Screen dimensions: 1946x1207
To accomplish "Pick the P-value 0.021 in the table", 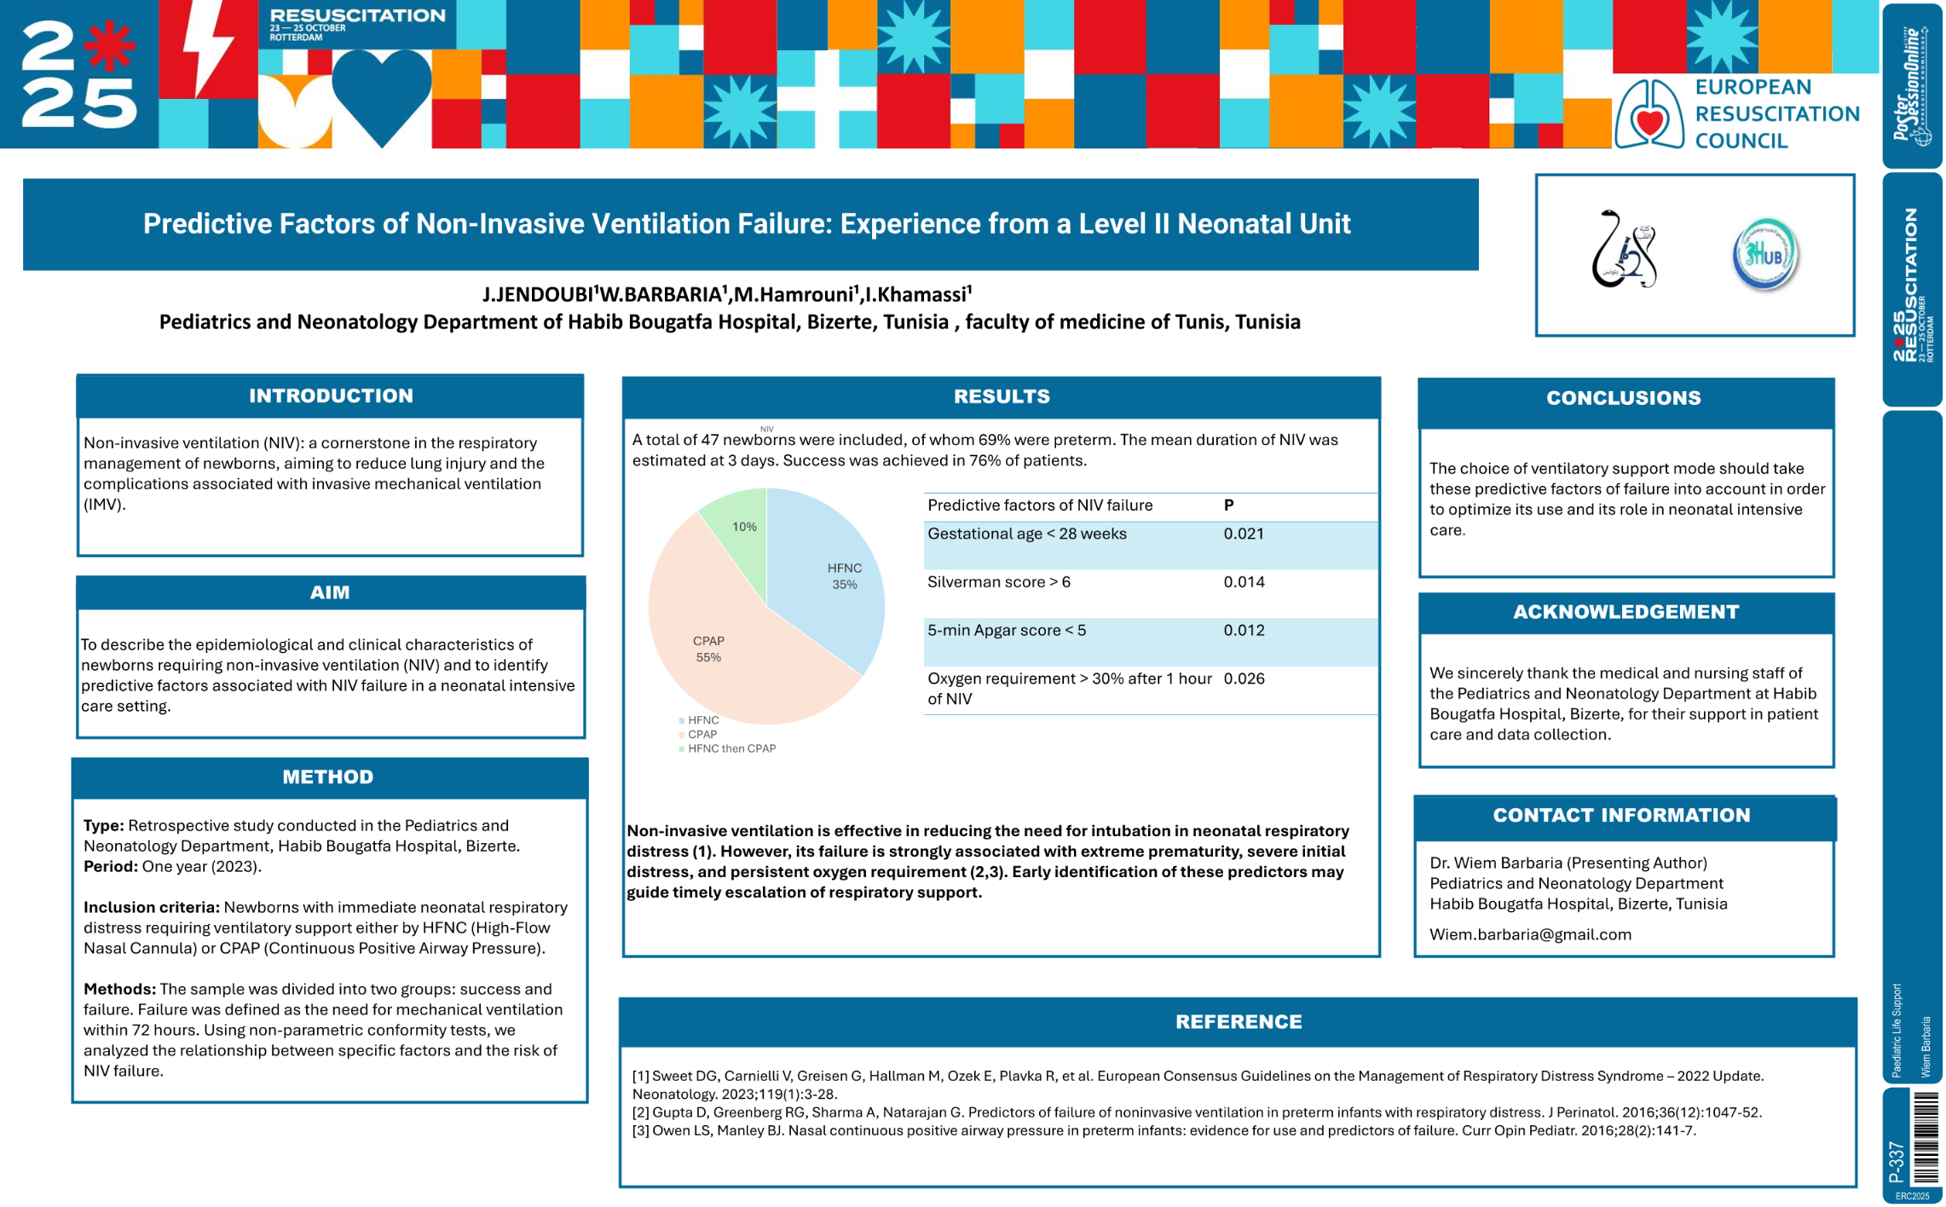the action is point(1243,534).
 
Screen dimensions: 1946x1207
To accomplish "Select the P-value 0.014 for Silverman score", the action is point(1243,582).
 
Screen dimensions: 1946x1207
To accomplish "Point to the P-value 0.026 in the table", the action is point(1243,679).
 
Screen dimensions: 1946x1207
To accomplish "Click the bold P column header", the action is point(1228,505).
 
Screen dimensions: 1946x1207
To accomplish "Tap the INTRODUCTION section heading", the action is point(331,396).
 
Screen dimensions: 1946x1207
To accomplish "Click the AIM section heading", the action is point(330,592).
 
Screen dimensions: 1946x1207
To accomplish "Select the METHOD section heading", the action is point(328,777).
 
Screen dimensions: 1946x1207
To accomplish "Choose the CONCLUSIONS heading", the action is point(1624,398).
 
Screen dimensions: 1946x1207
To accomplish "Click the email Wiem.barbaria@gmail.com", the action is point(1530,934).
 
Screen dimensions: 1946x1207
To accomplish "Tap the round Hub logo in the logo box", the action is point(1764,254).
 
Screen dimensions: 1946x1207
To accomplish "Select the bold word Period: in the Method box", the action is point(111,866).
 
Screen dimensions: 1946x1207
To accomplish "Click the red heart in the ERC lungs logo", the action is point(1650,123).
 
